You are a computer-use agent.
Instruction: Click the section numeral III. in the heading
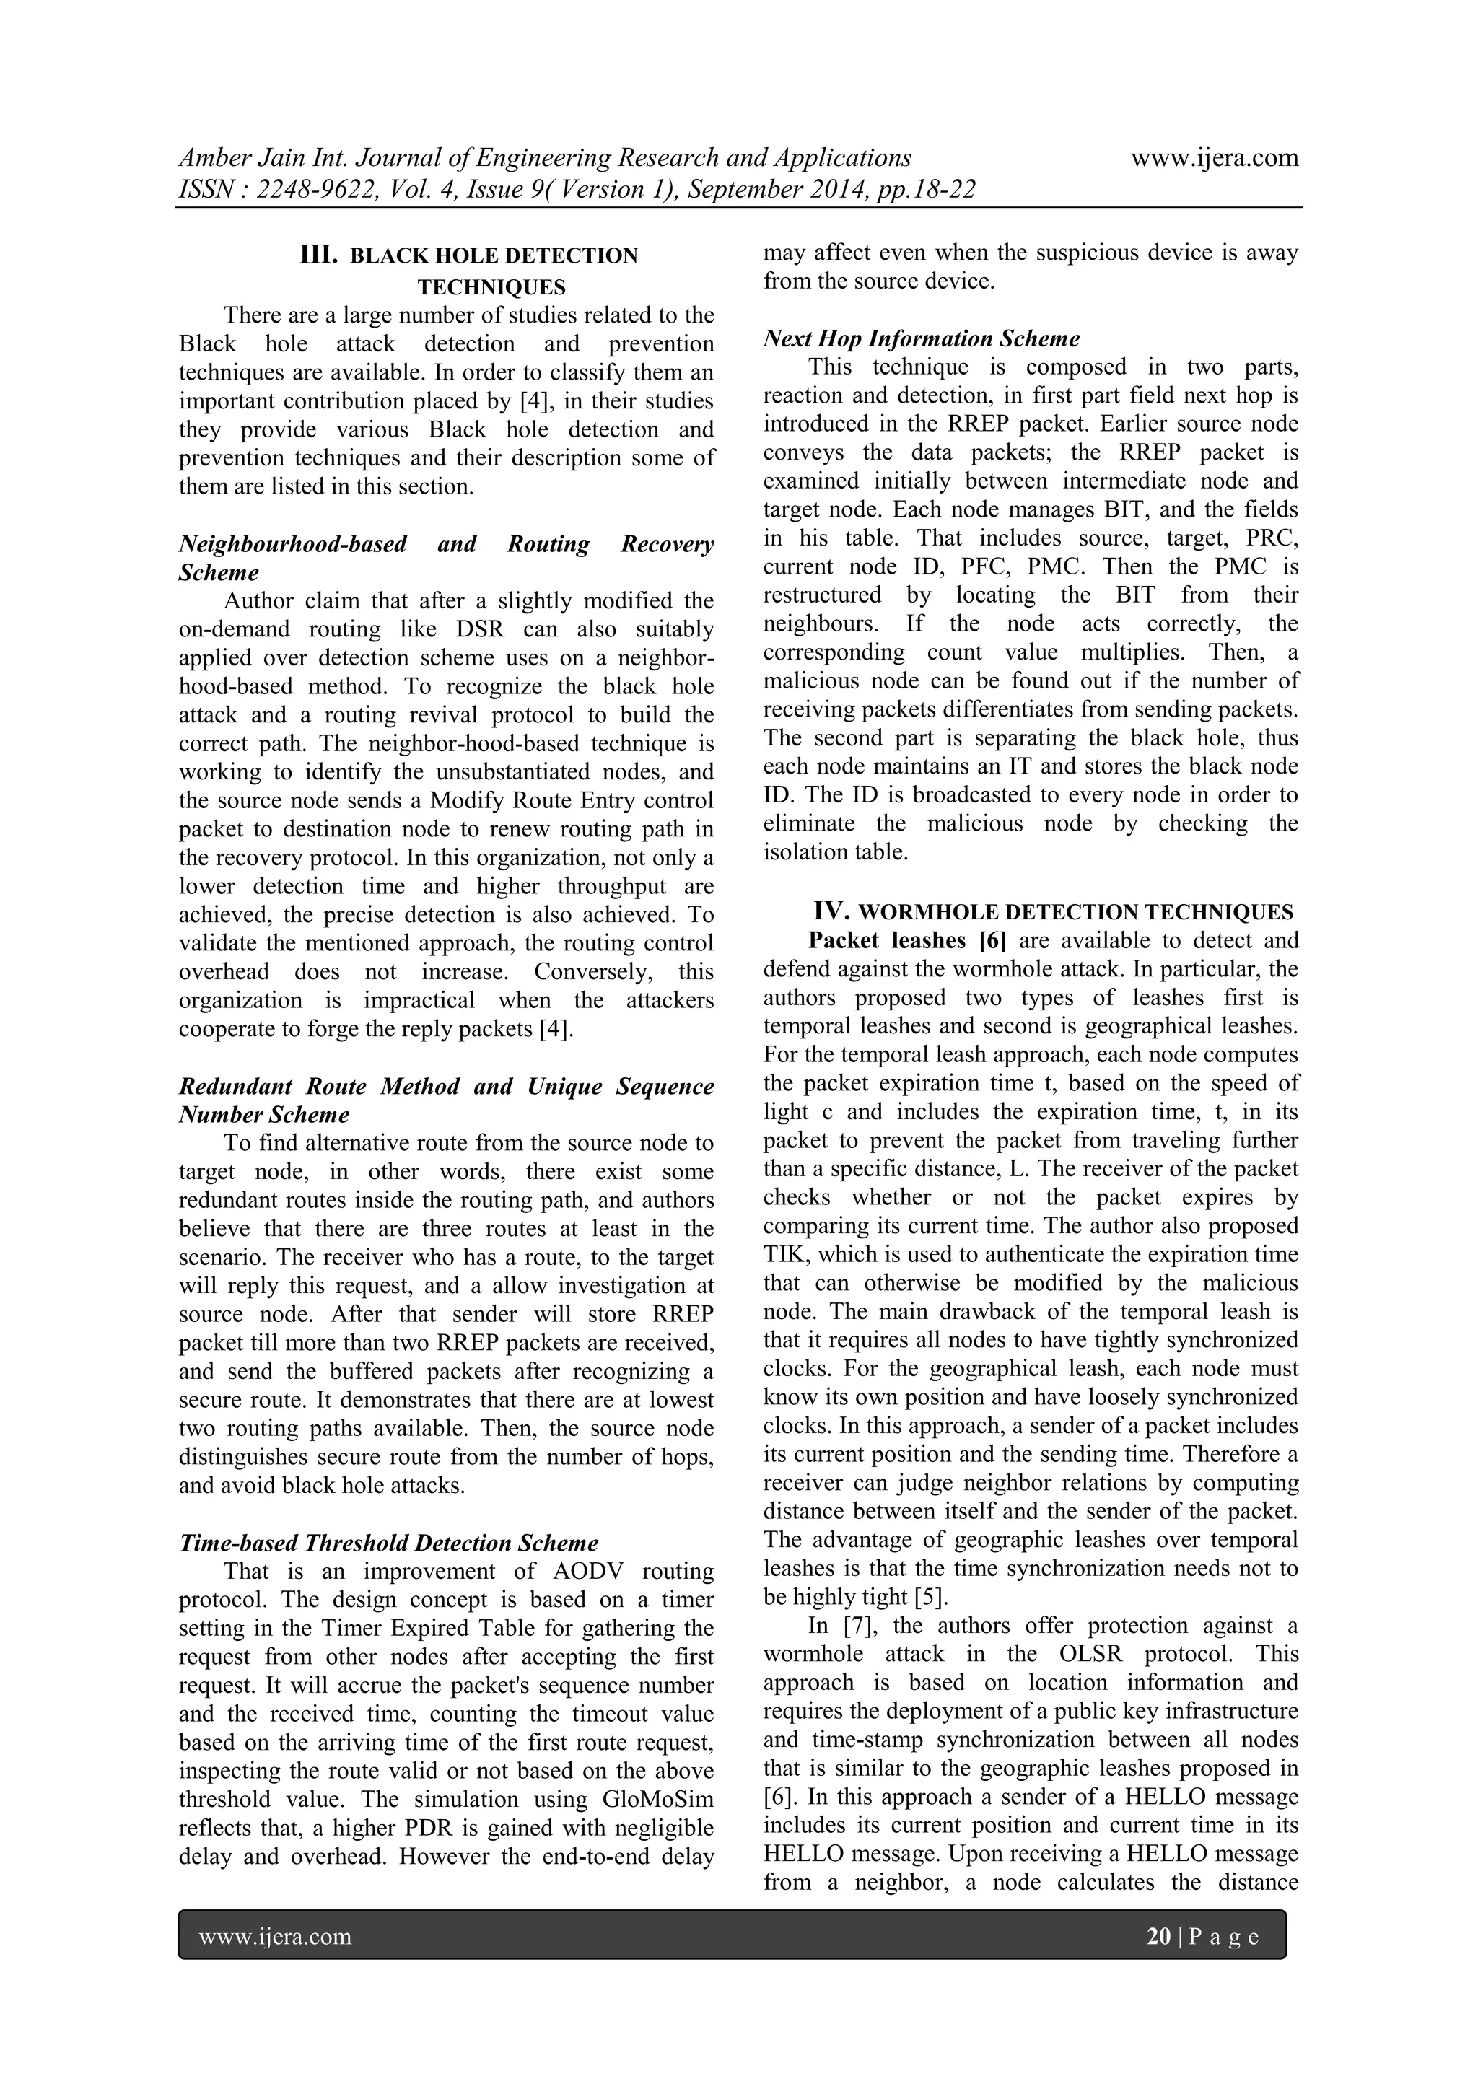pos(318,255)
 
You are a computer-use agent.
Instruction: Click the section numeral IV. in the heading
pos(832,911)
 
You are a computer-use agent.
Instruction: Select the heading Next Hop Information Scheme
pos(921,338)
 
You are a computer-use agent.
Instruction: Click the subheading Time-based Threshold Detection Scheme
pos(388,1543)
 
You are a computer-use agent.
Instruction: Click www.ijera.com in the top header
pos(1214,157)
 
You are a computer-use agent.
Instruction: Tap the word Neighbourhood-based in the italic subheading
pos(292,544)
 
